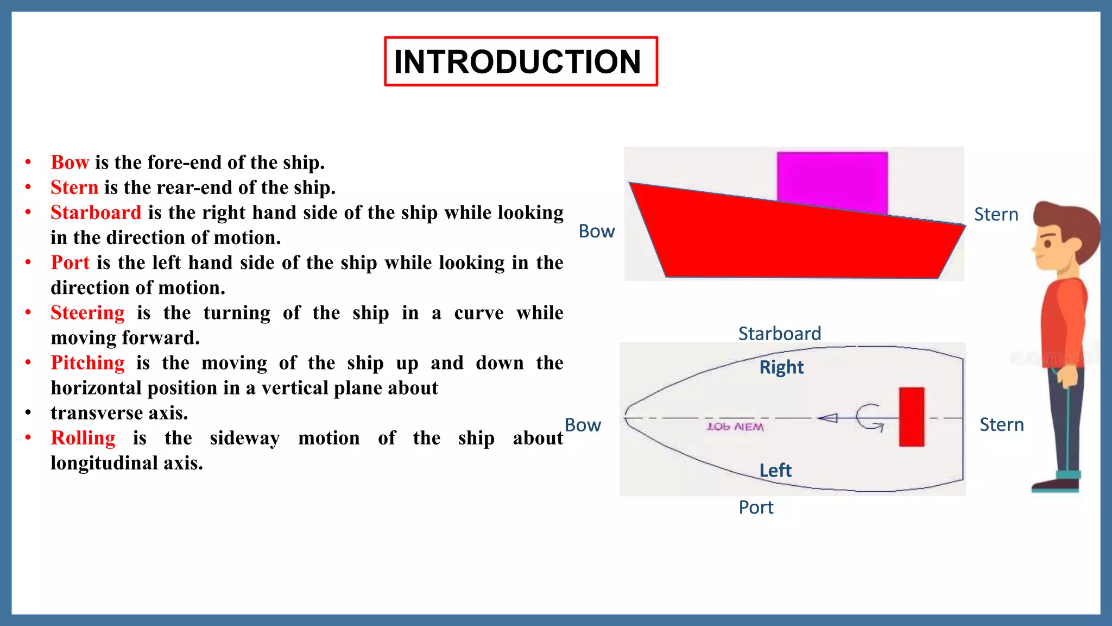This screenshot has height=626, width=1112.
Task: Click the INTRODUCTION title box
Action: click(520, 61)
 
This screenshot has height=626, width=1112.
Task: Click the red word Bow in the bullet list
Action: click(69, 162)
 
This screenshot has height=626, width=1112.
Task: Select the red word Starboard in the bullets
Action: click(96, 212)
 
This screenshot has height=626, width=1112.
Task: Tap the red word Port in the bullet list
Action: click(69, 262)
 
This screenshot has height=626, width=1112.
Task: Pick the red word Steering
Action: click(87, 312)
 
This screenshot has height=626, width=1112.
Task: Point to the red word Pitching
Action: click(87, 362)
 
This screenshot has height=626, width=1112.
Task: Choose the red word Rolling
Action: click(83, 437)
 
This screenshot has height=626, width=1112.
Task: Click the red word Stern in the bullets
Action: click(74, 187)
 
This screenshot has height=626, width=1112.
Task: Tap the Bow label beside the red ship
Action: click(596, 231)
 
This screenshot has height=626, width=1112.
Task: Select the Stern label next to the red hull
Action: click(996, 215)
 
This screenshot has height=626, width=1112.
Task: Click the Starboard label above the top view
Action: click(779, 334)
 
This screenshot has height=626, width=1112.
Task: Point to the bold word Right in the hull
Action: click(781, 367)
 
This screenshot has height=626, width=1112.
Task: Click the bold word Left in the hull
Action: click(775, 470)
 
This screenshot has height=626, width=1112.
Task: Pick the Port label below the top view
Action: click(756, 508)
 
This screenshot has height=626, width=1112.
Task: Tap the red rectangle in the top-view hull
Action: click(911, 417)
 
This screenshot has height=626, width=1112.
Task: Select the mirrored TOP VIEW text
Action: click(735, 427)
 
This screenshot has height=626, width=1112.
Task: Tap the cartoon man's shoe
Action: click(1054, 485)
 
